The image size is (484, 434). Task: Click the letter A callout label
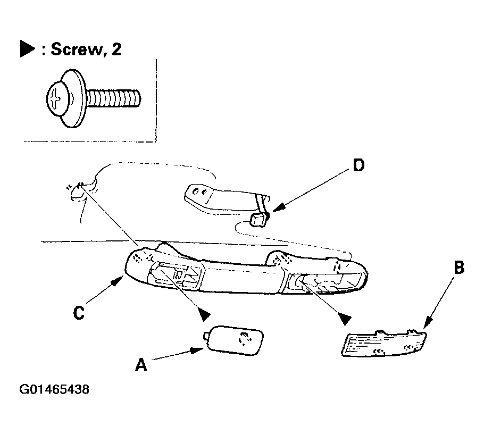(x=141, y=364)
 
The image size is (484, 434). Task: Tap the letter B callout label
(x=460, y=268)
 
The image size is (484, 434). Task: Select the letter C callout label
(x=79, y=313)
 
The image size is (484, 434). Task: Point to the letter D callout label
(x=358, y=165)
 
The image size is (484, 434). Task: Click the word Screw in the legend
(x=76, y=49)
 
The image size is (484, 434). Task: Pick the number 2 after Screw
(x=116, y=49)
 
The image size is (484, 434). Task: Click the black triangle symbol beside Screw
(x=27, y=49)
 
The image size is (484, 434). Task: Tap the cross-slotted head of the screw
(x=56, y=99)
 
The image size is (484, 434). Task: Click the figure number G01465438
(x=54, y=389)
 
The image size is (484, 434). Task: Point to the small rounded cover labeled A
(x=233, y=340)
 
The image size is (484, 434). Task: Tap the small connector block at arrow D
(x=258, y=219)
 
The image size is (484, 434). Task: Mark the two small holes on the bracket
(x=199, y=192)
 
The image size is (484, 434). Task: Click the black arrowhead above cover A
(x=204, y=314)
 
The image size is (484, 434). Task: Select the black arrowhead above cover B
(x=345, y=318)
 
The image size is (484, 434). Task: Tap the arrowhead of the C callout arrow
(x=118, y=281)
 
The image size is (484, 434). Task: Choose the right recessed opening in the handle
(x=324, y=282)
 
